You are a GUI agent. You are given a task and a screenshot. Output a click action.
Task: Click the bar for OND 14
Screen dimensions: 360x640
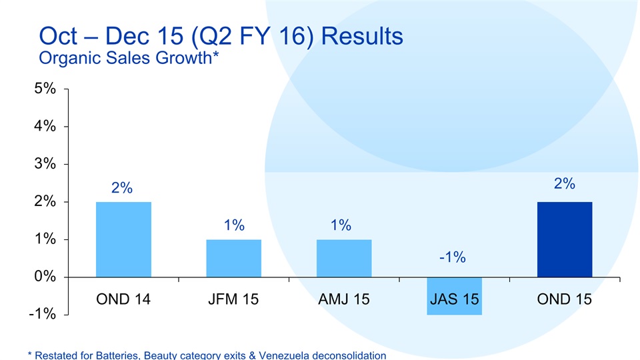point(123,239)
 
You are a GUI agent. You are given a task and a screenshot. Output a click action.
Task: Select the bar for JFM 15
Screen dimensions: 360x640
point(233,258)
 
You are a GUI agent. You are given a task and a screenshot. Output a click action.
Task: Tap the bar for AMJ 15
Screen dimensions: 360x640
point(344,258)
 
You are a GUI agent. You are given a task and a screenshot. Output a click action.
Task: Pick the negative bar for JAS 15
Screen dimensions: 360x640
point(454,295)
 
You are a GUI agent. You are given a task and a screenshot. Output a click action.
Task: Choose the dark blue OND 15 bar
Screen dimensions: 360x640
point(564,239)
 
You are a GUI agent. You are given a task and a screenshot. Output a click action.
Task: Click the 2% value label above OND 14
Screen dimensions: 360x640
point(121,188)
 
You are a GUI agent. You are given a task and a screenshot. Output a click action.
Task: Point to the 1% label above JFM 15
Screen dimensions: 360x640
point(233,225)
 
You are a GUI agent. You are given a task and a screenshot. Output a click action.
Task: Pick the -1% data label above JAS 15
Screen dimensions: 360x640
point(452,257)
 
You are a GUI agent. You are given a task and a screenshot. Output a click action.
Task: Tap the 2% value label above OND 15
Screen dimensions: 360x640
point(564,183)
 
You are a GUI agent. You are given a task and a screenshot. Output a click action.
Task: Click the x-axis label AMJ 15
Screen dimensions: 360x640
point(344,299)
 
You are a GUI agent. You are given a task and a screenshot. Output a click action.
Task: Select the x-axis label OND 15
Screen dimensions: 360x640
point(564,299)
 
